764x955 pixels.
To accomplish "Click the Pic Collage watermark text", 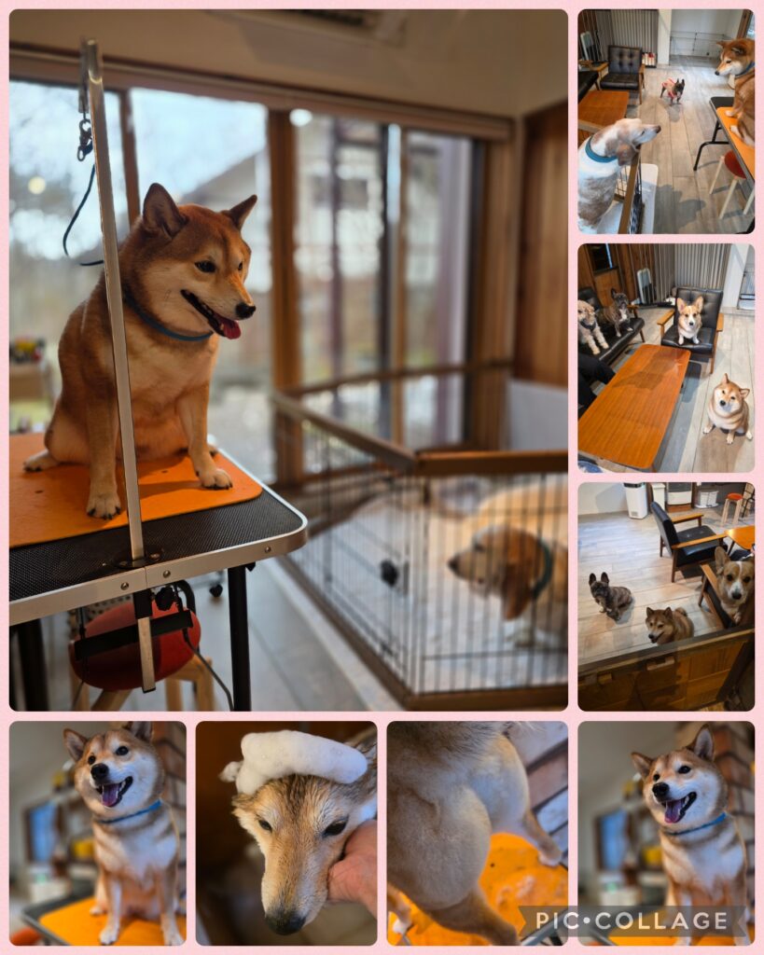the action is (x=632, y=920).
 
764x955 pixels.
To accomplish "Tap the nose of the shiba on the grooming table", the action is (x=245, y=310).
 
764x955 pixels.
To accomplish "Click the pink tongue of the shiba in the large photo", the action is (x=229, y=328).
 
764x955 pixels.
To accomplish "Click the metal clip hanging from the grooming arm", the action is (x=85, y=140).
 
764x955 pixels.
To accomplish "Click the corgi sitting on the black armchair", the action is (x=689, y=319).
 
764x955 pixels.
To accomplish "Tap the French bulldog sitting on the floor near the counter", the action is (x=610, y=596).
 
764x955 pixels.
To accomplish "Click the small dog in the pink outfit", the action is (x=672, y=90).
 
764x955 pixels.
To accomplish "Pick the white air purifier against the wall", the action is (x=635, y=500).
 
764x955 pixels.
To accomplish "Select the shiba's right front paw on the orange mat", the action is (x=215, y=477).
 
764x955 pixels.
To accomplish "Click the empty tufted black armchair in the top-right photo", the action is (x=622, y=69).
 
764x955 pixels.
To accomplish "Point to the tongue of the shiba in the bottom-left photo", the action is (x=111, y=795).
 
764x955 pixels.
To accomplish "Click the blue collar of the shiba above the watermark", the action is (x=698, y=826).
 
